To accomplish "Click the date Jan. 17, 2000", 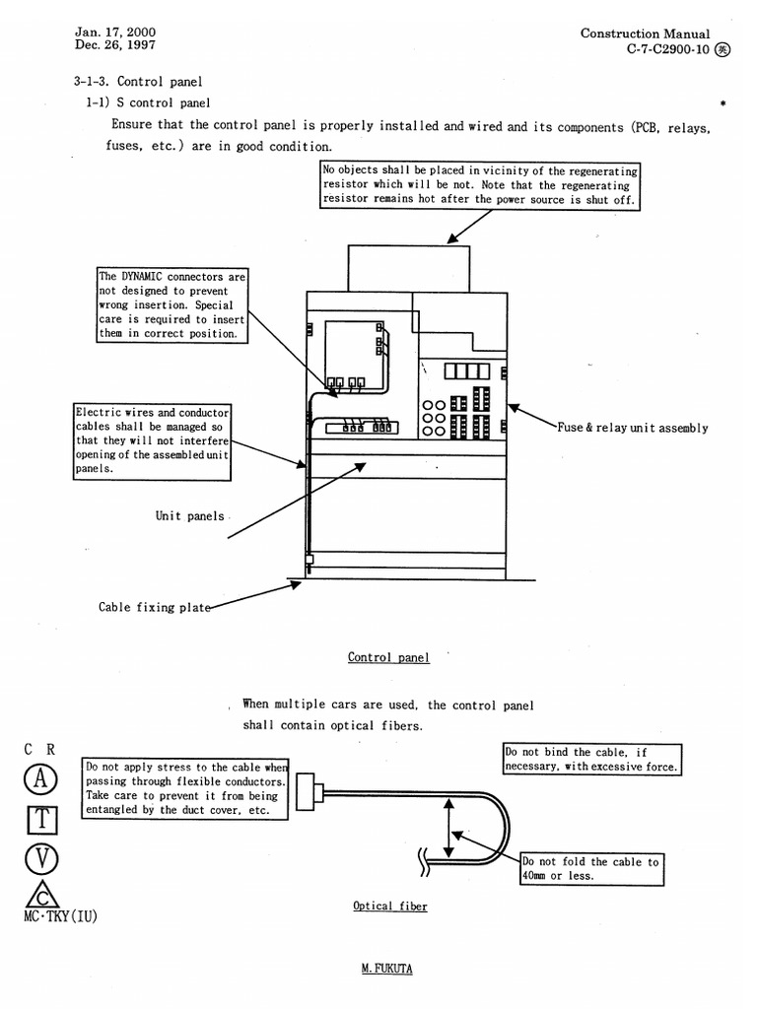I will [114, 32].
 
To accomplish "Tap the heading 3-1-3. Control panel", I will [138, 81].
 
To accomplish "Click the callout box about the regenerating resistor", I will [481, 185].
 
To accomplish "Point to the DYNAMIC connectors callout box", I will [172, 304].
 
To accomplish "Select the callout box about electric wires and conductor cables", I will [153, 440].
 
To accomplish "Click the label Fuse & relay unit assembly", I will [632, 429].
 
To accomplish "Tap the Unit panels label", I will [189, 516].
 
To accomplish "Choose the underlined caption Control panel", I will [388, 657].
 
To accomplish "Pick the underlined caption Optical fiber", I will [390, 906].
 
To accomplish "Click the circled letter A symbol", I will [40, 778].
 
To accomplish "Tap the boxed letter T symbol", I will [41, 819].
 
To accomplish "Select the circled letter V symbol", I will [41, 858].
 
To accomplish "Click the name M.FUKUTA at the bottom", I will [386, 969].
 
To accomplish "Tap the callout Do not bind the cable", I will [591, 759].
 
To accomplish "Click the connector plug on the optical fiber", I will [307, 791].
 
